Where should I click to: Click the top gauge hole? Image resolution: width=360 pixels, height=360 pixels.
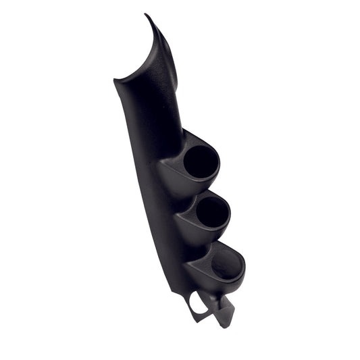click(x=201, y=162)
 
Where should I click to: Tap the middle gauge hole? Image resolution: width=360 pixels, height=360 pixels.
click(x=212, y=213)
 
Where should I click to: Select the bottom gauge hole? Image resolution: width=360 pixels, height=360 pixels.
click(x=227, y=265)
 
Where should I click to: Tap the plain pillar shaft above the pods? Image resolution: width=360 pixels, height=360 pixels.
click(x=145, y=115)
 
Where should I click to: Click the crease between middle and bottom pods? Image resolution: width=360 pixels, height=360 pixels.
click(x=192, y=247)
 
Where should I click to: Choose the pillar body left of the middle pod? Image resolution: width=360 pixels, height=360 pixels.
click(x=162, y=216)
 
